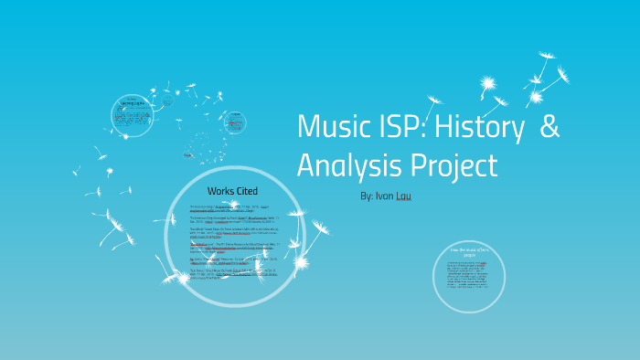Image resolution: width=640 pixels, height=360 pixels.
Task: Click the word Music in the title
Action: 330,127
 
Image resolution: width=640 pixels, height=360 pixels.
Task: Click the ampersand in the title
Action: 549,127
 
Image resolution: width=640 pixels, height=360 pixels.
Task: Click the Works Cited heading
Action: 232,190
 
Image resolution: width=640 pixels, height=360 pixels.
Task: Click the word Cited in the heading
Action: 246,190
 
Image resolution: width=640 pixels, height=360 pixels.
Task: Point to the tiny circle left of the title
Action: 237,122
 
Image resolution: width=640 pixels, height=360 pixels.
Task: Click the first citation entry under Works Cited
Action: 229,208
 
